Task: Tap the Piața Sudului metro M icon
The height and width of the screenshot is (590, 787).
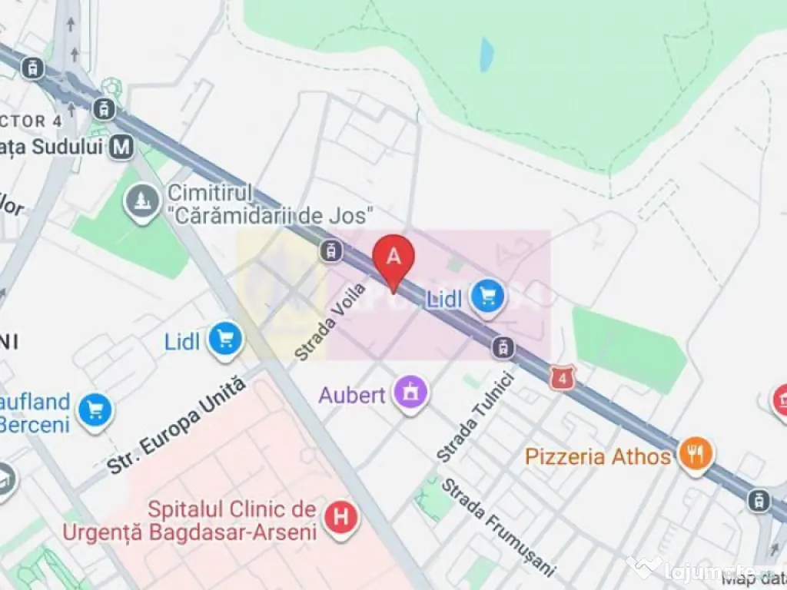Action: click(x=121, y=146)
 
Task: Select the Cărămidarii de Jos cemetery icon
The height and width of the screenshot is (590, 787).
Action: click(x=141, y=202)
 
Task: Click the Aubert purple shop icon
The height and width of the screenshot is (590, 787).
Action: click(x=410, y=393)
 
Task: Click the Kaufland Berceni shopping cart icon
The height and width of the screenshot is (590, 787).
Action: click(x=95, y=409)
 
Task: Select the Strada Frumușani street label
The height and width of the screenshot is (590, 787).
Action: click(x=497, y=526)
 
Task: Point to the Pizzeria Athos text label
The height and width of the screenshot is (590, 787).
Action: click(x=598, y=456)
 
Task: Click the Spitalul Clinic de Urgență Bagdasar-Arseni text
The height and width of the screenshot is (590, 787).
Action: click(x=231, y=520)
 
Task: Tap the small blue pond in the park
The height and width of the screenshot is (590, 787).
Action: click(x=486, y=55)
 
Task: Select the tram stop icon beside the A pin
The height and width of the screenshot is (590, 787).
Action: click(x=331, y=250)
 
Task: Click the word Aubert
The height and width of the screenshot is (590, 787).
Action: click(x=352, y=396)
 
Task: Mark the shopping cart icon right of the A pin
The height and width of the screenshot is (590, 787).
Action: click(x=487, y=296)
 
